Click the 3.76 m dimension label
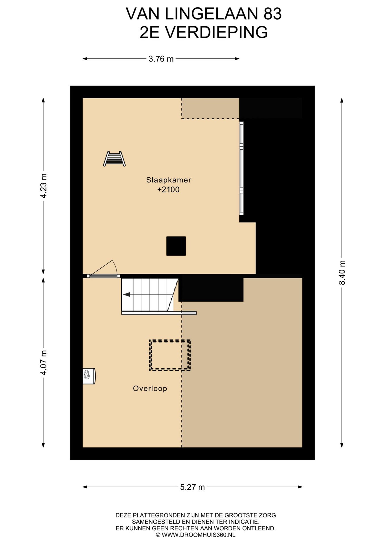(x=161, y=59)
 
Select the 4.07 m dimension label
(x=43, y=363)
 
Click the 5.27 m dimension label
(x=192, y=487)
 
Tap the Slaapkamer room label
(x=169, y=180)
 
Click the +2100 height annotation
(x=168, y=190)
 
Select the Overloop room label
(x=150, y=388)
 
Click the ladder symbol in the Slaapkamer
(x=114, y=159)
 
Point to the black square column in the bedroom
(x=176, y=246)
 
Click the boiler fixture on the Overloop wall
(x=89, y=376)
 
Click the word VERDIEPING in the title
(x=217, y=32)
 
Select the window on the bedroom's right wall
(x=242, y=168)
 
